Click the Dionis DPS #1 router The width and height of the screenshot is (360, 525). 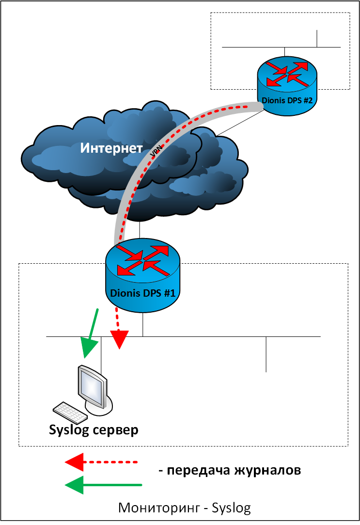point(142,275)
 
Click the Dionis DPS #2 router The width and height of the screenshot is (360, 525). point(287,86)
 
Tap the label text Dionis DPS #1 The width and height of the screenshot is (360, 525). point(142,293)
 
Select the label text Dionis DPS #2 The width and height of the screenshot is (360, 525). point(287,100)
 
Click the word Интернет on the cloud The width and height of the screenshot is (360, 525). point(111,148)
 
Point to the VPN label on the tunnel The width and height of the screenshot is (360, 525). point(156,151)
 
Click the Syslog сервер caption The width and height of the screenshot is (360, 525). point(94,430)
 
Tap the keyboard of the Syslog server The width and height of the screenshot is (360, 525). point(70,413)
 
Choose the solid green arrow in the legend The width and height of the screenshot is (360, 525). point(103,484)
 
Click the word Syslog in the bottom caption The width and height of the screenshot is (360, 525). point(231,508)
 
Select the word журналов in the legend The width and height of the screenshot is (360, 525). point(267,470)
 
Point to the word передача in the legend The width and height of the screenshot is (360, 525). point(198,471)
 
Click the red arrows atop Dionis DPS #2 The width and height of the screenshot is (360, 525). point(287,74)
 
